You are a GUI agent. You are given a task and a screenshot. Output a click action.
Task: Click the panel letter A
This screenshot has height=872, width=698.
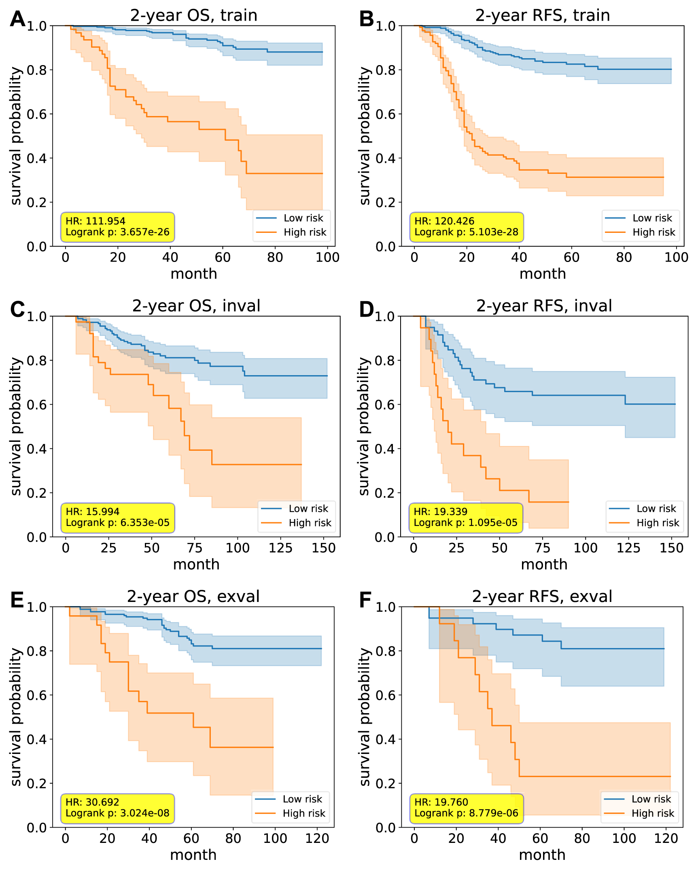(17, 19)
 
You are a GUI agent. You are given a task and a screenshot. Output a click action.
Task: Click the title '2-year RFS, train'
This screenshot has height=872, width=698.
(542, 15)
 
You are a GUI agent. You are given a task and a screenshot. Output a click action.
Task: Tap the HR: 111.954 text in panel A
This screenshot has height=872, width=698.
(95, 221)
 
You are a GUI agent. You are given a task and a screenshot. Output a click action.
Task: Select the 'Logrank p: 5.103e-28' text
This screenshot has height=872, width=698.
(466, 232)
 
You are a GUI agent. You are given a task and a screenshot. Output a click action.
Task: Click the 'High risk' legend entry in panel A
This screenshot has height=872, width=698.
(304, 232)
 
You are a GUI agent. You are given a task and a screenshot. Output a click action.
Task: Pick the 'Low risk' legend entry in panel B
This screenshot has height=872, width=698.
(652, 218)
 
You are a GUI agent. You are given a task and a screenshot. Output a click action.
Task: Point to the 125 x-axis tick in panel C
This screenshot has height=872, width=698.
(280, 548)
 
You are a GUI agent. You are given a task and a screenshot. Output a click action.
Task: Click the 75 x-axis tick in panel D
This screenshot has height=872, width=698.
(542, 548)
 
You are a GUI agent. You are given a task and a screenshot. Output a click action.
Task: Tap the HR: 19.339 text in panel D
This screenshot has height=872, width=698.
(440, 512)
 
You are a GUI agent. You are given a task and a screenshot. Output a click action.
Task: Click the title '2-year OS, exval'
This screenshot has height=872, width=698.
(193, 597)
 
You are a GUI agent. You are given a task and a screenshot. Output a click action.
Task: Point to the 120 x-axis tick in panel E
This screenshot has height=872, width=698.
(316, 838)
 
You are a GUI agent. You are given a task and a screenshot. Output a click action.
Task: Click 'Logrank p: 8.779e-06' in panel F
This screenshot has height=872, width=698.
(466, 813)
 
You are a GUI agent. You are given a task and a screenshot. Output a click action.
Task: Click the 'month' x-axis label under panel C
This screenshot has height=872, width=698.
(196, 564)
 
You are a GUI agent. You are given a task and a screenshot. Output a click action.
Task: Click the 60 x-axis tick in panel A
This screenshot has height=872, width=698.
(222, 257)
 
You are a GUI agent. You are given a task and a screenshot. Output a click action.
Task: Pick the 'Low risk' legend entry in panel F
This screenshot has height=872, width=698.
(651, 799)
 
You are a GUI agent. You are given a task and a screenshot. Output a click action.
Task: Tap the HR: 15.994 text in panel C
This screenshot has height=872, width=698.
(92, 512)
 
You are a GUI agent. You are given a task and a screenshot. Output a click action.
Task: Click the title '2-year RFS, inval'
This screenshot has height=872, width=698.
(544, 306)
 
